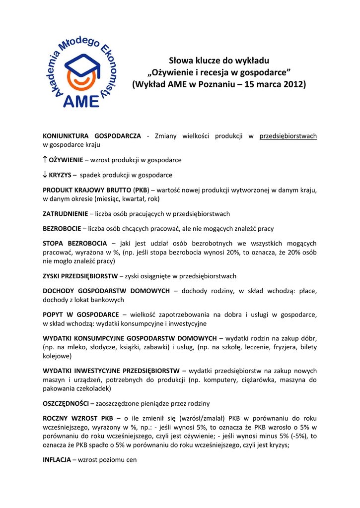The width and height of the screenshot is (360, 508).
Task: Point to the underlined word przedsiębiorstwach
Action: (288, 136)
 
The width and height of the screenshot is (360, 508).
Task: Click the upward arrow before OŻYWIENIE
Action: (45, 160)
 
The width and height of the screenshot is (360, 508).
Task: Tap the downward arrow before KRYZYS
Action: (45, 175)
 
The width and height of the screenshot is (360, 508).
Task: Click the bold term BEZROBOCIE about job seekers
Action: (62, 229)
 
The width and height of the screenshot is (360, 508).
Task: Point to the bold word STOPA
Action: (53, 244)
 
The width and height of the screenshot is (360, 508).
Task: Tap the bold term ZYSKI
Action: (52, 276)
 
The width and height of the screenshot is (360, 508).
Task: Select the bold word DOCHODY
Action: (58, 291)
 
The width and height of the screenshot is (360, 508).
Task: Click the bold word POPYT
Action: (52, 315)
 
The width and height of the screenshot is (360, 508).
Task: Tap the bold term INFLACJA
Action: (57, 460)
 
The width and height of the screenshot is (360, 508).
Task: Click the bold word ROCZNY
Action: (55, 418)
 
